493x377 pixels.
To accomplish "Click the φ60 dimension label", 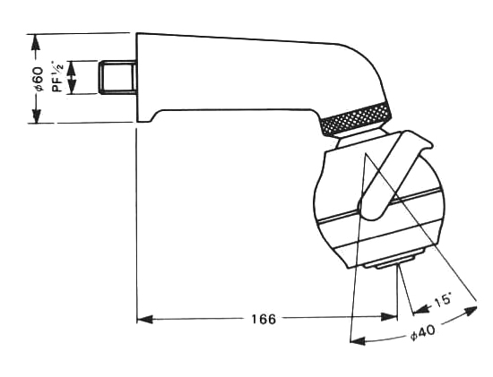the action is click(x=39, y=79).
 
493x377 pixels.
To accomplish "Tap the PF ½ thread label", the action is click(x=57, y=76).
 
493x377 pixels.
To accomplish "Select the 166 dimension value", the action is click(x=264, y=319).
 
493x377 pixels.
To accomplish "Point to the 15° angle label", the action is click(x=443, y=301).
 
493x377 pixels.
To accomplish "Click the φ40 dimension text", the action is click(x=423, y=332).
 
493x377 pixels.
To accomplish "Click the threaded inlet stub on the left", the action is click(x=117, y=78).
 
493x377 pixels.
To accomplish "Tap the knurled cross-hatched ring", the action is click(x=355, y=119).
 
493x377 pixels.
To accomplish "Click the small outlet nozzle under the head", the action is click(x=389, y=262).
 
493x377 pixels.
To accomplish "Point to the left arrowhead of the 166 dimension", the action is click(x=144, y=320).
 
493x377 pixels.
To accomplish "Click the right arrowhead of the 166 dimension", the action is click(x=389, y=317).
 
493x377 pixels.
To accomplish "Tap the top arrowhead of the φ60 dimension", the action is click(x=36, y=41).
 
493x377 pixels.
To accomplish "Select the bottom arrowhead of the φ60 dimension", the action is click(x=37, y=116).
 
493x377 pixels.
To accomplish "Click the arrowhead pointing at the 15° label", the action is click(x=421, y=309).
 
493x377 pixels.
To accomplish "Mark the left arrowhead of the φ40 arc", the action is click(x=358, y=341).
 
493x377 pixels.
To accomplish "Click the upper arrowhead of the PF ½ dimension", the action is click(x=72, y=68).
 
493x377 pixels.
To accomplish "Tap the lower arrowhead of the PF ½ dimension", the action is click(x=72, y=87).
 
